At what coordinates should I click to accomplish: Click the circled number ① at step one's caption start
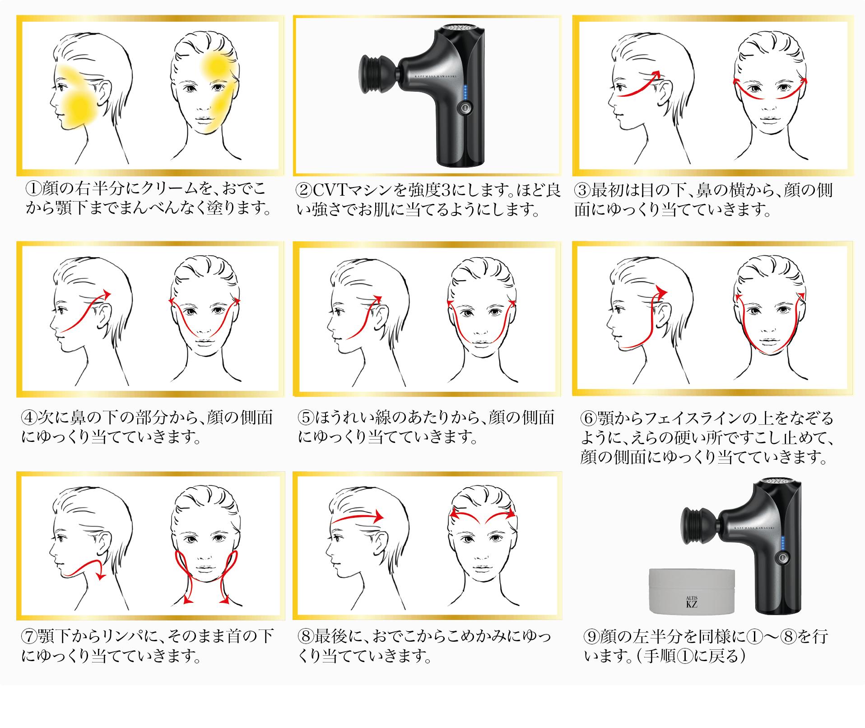point(33,188)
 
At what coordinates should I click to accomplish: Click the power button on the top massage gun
point(465,108)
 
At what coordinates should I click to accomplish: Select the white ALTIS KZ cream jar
point(692,591)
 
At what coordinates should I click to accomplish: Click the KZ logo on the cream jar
point(692,604)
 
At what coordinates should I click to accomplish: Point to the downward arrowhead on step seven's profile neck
point(101,576)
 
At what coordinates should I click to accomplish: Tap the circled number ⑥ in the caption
point(589,418)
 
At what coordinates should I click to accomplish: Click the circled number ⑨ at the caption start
point(592,636)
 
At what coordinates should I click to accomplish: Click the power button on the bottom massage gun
point(783,558)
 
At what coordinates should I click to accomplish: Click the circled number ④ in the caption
point(29,417)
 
